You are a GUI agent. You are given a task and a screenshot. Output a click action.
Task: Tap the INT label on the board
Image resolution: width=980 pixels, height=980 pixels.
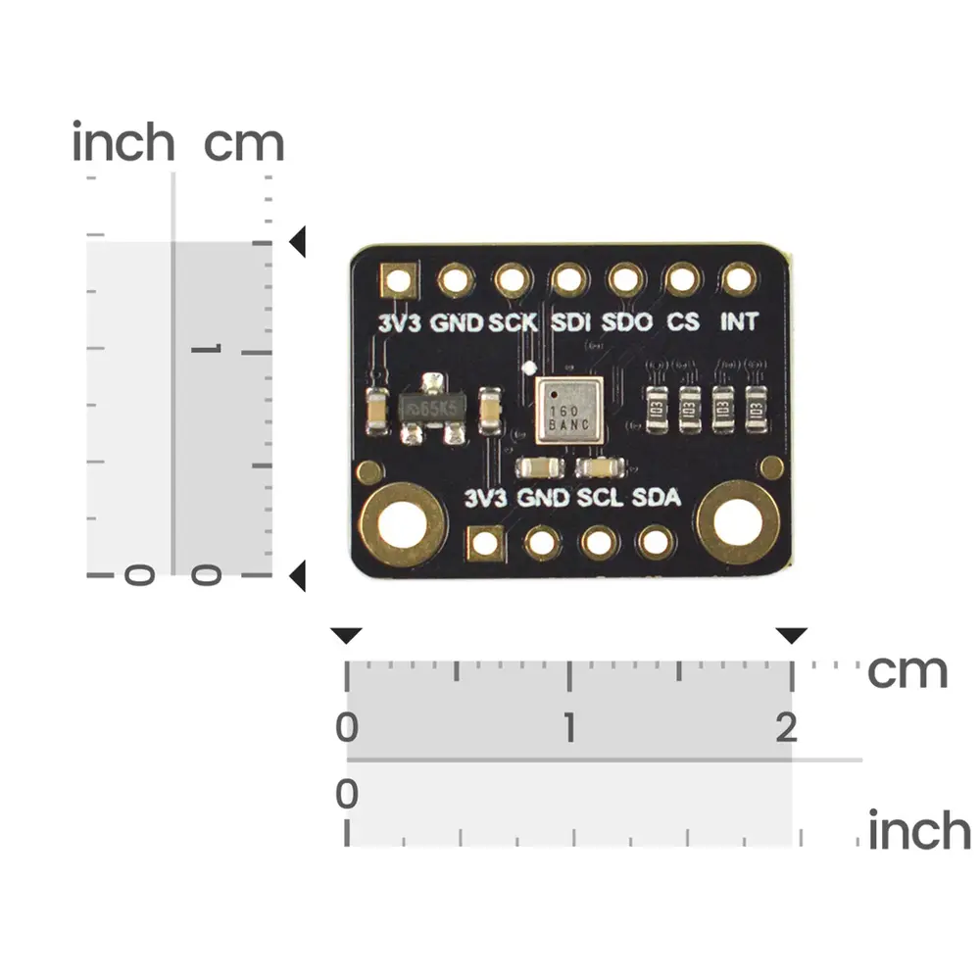coord(739,321)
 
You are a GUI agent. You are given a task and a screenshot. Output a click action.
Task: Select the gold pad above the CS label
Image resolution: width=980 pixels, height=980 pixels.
coord(682,281)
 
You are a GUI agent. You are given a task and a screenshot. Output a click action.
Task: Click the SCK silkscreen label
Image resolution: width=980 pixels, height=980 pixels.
coord(513,321)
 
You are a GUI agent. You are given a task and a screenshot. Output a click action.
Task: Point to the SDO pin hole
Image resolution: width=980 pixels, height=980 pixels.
coord(625,281)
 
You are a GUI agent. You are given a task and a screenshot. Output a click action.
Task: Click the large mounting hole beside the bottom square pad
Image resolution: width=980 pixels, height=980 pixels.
coord(403,523)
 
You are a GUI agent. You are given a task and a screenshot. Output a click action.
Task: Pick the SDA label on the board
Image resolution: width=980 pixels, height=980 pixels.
coord(656,498)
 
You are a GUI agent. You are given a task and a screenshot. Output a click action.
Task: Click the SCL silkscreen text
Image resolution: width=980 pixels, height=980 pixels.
coord(599,498)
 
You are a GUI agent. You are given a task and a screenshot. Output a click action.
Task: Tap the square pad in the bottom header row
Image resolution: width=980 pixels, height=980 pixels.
coord(485,542)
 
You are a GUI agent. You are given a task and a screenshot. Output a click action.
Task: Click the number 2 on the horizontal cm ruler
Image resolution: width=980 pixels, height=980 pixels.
coord(785,728)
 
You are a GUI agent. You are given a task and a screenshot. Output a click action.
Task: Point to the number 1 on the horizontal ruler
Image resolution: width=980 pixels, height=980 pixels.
coord(568,728)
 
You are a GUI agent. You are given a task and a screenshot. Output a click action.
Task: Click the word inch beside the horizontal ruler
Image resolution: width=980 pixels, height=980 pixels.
coord(918,831)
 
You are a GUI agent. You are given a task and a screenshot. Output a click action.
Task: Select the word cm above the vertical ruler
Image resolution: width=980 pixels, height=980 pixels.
coord(244,144)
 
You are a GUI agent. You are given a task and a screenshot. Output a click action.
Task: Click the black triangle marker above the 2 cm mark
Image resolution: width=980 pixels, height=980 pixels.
coord(792,636)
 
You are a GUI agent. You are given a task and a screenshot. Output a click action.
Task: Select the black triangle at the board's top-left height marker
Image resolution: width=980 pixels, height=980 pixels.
coord(297,241)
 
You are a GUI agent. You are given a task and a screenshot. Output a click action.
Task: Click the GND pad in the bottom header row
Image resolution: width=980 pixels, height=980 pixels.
coord(542,542)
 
